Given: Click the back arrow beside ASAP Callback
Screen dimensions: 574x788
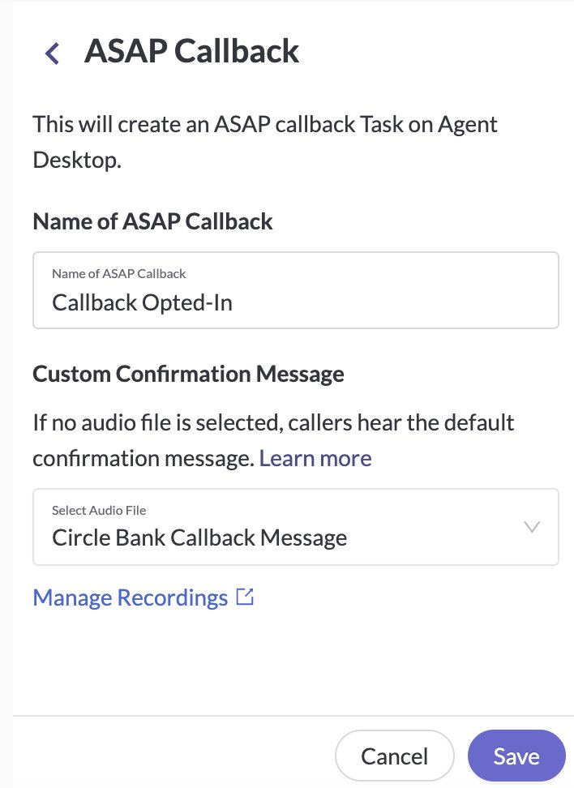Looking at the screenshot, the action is (x=52, y=54).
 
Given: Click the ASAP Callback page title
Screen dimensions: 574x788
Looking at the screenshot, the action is (x=191, y=51).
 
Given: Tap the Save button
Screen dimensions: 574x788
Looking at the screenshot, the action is (x=516, y=756).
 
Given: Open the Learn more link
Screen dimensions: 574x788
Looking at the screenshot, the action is (x=315, y=458).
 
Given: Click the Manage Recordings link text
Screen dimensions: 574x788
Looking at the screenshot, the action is (x=131, y=597).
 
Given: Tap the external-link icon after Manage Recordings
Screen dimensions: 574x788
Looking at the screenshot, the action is (x=245, y=597).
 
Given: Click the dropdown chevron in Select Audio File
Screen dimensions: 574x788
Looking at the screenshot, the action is (x=532, y=527).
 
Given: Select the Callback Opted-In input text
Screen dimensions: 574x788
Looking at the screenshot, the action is (x=142, y=302).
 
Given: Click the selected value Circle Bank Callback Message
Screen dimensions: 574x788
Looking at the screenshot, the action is (x=199, y=537).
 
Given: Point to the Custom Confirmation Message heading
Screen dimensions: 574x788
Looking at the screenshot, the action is (x=188, y=374).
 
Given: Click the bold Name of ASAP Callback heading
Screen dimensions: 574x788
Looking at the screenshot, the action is (x=152, y=221).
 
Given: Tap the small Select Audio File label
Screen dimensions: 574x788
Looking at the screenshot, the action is (x=99, y=511).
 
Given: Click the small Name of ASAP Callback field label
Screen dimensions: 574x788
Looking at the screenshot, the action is (x=119, y=274).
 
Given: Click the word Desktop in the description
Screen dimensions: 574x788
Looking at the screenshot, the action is (x=77, y=161).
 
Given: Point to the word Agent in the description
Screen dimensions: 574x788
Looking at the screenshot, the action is (x=468, y=125).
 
